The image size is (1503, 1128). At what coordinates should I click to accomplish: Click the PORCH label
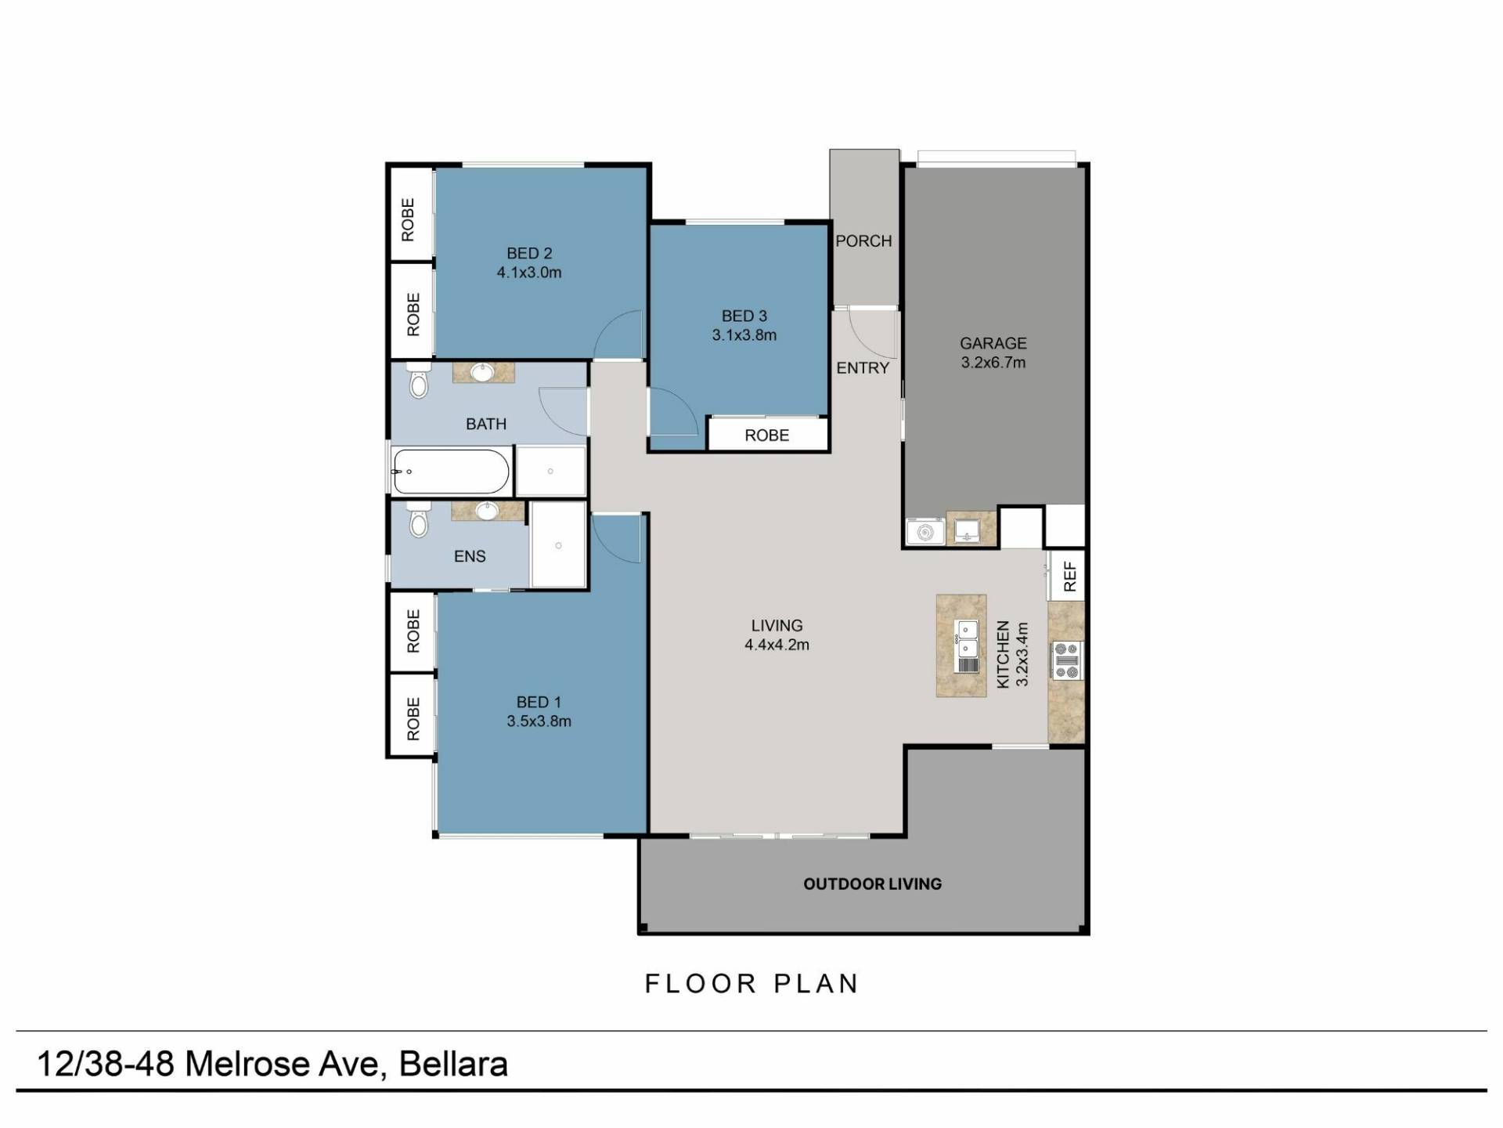863,241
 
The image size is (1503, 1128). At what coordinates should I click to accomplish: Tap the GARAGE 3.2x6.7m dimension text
993,363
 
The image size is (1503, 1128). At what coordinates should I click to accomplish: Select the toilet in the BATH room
420,380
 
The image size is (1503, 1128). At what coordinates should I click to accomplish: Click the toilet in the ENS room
420,519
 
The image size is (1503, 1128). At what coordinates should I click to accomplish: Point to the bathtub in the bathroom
451,472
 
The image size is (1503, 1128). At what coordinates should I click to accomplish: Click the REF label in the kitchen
1070,577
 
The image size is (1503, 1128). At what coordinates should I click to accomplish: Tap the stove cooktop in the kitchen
1067,660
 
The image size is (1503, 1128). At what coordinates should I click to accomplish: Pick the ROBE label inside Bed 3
767,436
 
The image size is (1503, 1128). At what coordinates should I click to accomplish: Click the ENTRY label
863,368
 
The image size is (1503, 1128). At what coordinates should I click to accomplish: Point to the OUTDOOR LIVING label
873,884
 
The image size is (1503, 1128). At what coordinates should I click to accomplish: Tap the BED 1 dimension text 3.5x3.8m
539,721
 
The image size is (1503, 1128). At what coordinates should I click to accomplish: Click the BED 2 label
529,253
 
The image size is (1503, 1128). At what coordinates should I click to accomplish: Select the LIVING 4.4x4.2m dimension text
777,645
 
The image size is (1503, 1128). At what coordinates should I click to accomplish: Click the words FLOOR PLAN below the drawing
751,984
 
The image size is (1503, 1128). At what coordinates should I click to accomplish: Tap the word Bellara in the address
453,1064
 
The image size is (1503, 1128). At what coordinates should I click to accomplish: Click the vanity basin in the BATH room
483,372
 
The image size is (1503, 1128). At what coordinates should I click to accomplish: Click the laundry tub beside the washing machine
971,530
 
